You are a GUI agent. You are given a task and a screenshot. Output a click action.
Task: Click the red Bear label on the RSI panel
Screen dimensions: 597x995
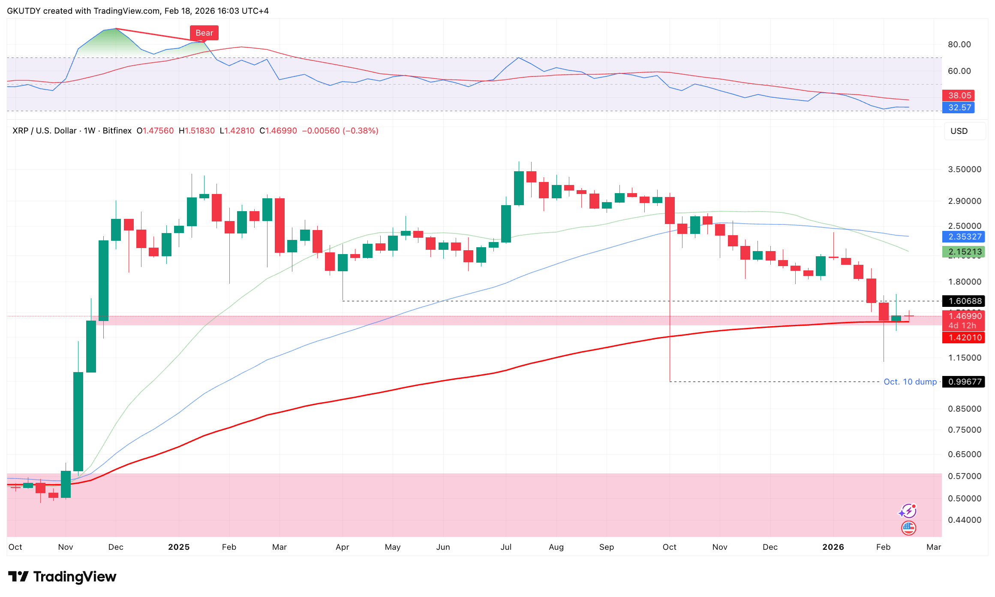click(204, 33)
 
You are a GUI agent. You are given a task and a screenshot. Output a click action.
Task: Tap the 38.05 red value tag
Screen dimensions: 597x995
click(959, 95)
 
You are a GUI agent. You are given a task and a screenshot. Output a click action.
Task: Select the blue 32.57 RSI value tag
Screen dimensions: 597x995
click(959, 107)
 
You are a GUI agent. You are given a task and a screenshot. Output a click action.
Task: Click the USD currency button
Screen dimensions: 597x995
click(959, 131)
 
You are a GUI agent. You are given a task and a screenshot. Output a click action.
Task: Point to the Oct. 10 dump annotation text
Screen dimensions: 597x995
click(910, 382)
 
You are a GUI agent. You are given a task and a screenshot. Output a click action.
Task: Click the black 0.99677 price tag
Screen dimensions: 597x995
click(963, 382)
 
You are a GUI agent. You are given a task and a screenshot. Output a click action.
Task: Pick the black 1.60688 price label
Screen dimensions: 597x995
click(963, 301)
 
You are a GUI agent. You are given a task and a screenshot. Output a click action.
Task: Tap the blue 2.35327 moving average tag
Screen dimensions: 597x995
click(963, 236)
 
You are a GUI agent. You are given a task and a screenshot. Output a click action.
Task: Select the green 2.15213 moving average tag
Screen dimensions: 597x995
click(963, 252)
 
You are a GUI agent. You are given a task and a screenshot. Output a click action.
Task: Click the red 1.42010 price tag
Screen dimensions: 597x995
click(963, 337)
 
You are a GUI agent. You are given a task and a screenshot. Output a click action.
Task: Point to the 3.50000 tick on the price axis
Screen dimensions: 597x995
click(965, 169)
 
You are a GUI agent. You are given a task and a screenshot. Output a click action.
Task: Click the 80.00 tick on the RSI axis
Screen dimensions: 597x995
click(959, 44)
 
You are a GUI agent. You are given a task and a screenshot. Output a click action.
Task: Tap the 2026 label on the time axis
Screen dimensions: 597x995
click(833, 547)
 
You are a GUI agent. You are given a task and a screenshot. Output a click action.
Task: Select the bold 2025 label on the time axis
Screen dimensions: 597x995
click(179, 547)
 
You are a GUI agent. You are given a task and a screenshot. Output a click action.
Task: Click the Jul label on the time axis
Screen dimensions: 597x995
click(506, 547)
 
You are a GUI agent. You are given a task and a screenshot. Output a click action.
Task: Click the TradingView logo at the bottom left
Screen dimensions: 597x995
click(62, 576)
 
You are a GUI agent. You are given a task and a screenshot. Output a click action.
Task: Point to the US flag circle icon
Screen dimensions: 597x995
click(908, 527)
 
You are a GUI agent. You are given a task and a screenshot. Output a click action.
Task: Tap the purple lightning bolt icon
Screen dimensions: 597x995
click(908, 511)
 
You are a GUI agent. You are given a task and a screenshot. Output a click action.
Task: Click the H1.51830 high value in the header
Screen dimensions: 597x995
click(197, 130)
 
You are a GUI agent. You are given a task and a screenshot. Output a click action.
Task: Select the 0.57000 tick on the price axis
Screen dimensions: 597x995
click(965, 476)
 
